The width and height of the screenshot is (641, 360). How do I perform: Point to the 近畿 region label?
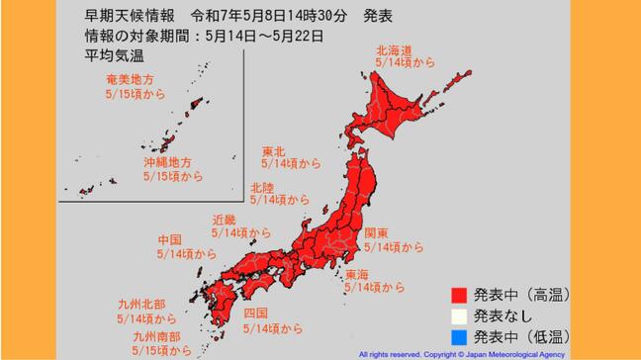pos(225,220)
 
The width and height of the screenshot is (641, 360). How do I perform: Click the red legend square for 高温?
pos(457,294)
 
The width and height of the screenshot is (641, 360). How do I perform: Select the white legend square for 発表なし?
pos(457,316)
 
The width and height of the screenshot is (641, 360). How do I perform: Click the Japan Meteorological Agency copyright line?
pos(460,353)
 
